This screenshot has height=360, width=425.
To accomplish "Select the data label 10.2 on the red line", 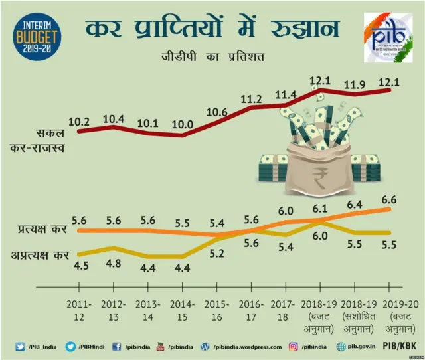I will (79, 122).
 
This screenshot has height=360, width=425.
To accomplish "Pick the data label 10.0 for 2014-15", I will (182, 124).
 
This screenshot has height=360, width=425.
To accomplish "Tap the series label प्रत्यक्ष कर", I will (42, 230).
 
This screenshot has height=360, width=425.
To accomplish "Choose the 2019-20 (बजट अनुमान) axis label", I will (389, 314).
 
